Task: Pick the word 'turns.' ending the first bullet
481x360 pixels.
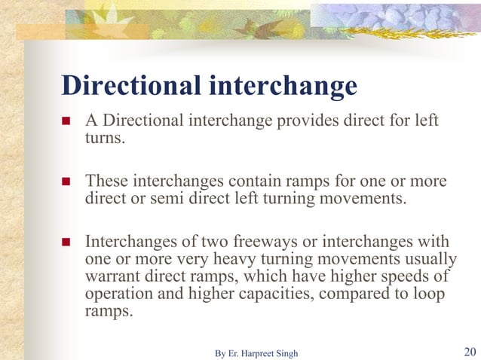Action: [103, 138]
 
